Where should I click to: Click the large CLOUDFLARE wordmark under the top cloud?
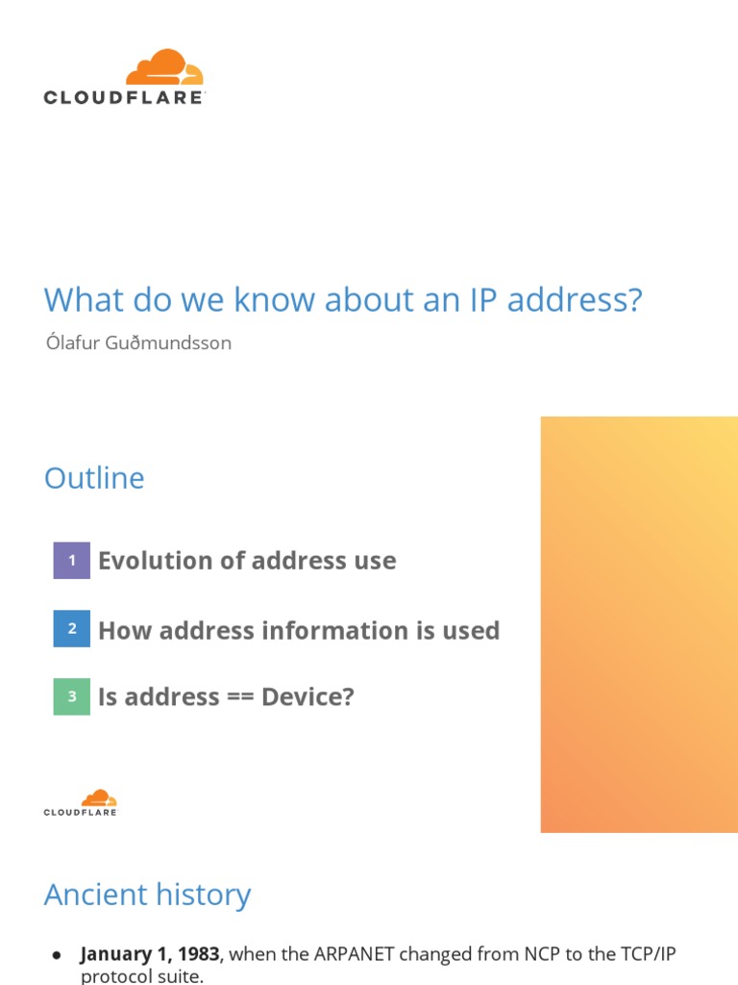tap(124, 97)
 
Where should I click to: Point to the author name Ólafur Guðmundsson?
tap(138, 342)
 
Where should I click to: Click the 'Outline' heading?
tap(94, 478)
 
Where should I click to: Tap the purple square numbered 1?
tap(71, 560)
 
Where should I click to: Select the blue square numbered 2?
tap(71, 629)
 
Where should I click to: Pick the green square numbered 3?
tap(71, 696)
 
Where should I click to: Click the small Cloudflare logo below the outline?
tap(81, 803)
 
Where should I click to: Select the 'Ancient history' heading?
tap(147, 895)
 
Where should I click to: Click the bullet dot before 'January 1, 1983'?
tap(57, 955)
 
